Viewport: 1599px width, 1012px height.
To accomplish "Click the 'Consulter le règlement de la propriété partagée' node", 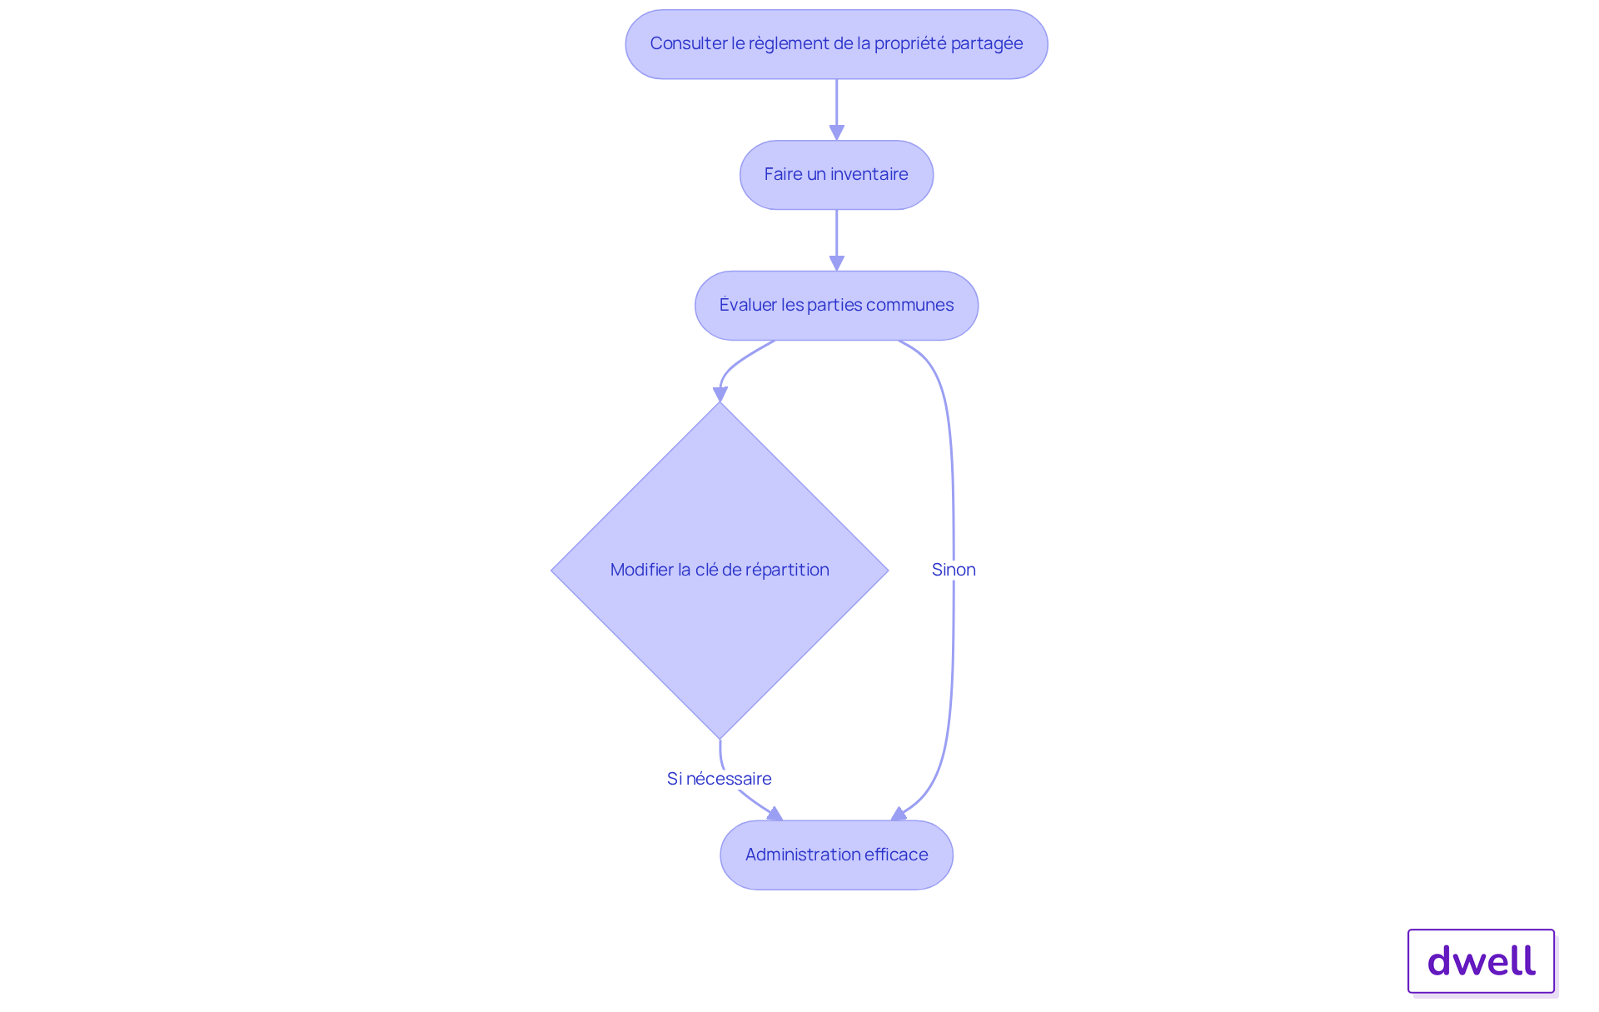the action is [836, 44].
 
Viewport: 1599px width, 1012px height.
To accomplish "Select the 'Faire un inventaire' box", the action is [836, 175].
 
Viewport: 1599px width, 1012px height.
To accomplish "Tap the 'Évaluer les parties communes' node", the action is [836, 306].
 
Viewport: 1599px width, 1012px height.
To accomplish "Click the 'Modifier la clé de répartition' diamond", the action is [720, 571].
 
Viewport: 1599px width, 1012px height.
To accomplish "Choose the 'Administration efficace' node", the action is [836, 855].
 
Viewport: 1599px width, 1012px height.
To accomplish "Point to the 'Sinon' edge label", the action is [954, 570].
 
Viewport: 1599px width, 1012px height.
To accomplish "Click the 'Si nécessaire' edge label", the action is [719, 779].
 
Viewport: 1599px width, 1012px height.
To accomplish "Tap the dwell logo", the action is [1481, 961].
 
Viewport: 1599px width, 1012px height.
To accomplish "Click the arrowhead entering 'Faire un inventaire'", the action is [837, 133].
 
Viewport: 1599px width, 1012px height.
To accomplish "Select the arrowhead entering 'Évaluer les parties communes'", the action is [837, 263].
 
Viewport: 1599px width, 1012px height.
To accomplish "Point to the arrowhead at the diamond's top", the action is [720, 394].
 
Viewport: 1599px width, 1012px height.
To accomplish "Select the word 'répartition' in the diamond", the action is [787, 571].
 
